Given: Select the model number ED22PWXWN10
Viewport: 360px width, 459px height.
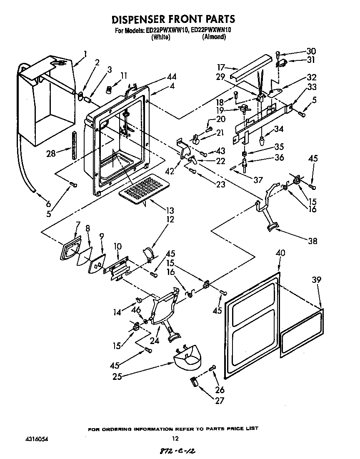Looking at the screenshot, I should pos(211,30).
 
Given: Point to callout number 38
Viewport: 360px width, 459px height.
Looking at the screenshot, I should pos(312,241).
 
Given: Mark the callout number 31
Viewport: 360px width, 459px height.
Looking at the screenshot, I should pos(311,60).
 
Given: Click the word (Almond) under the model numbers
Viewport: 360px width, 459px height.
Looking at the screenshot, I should pos(214,37).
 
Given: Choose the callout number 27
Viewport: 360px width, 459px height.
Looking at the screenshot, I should pos(220,401).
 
